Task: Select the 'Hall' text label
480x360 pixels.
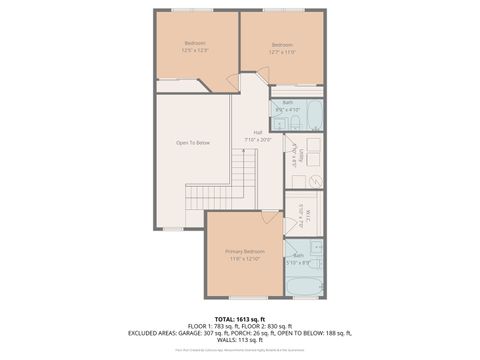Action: (x=258, y=132)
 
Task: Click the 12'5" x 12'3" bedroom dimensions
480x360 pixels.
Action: (x=196, y=50)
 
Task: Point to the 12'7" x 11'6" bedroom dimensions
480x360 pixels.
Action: (x=283, y=50)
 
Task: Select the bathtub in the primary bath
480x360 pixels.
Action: (x=304, y=284)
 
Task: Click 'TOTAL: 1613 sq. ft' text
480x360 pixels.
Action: (x=240, y=318)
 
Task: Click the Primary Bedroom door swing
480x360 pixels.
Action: (x=271, y=216)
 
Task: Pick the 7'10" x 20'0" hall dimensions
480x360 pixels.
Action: (x=258, y=140)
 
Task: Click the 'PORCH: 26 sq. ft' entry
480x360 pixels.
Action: (x=265, y=333)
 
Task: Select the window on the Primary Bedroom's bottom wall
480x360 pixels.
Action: (x=244, y=297)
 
